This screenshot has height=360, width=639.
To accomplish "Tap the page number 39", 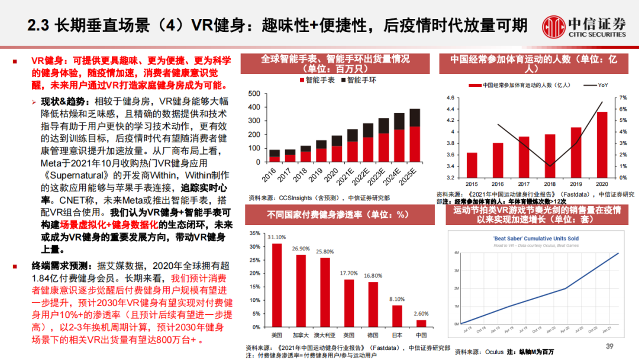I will coord(609,346).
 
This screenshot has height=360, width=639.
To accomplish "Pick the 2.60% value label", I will coord(421,314).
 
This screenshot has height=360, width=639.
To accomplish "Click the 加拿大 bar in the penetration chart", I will coord(301,290).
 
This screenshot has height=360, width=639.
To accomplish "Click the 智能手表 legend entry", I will coord(317,79).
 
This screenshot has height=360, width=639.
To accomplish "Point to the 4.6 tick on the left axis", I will coord(450,98).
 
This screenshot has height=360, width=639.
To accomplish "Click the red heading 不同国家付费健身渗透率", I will coord(338,214).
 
